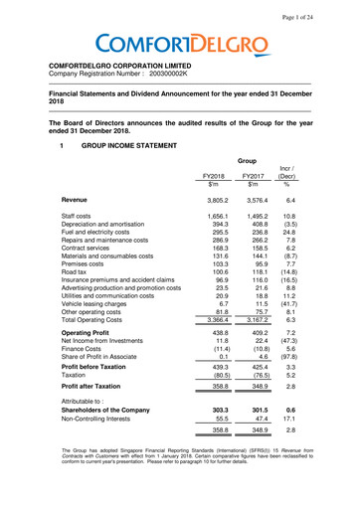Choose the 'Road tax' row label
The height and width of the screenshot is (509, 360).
click(79, 312)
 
